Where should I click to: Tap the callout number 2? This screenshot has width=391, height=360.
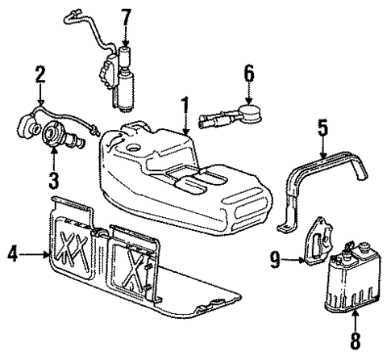click(x=39, y=77)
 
